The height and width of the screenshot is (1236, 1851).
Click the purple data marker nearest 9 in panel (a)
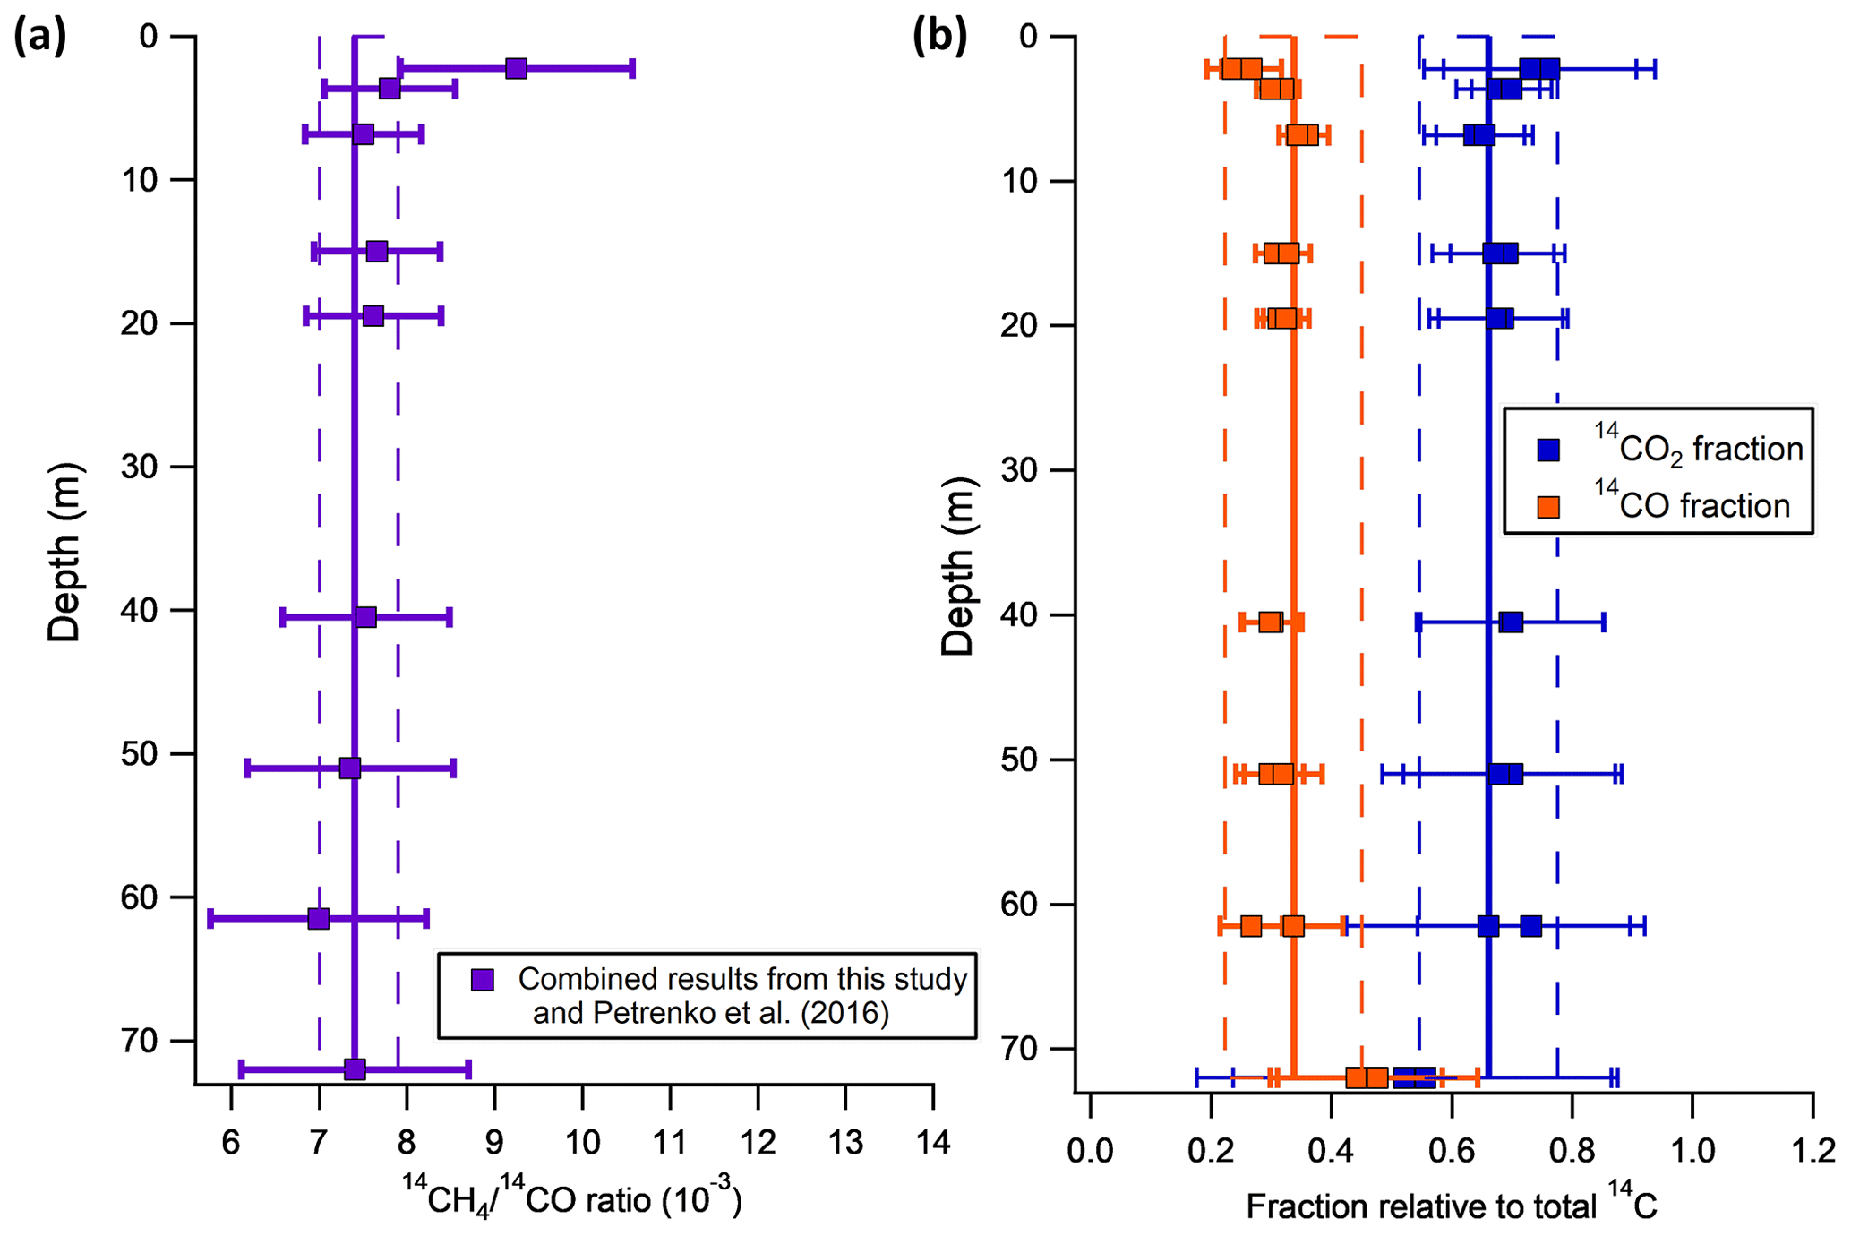(x=516, y=68)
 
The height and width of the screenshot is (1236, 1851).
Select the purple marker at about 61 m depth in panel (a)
(x=318, y=918)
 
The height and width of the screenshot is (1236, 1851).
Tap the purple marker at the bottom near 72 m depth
(x=355, y=1069)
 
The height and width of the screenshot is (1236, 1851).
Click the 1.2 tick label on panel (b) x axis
(x=1813, y=1150)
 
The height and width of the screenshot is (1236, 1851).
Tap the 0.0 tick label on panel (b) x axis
(x=1090, y=1150)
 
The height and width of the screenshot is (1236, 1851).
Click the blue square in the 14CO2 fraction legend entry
(x=1548, y=450)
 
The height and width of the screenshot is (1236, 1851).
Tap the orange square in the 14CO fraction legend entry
(x=1548, y=507)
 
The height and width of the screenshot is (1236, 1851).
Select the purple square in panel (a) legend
(x=483, y=980)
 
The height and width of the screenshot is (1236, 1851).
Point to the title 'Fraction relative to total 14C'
(x=1451, y=1206)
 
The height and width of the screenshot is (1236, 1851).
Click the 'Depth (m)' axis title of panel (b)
(x=957, y=566)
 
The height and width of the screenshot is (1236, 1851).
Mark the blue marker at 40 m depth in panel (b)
(x=1511, y=622)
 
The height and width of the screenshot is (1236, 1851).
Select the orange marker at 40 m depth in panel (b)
(x=1270, y=622)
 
